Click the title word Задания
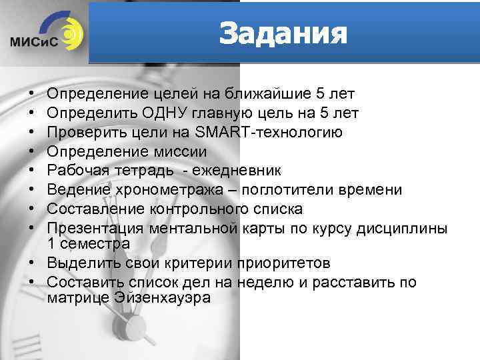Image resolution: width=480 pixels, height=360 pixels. pyautogui.click(x=283, y=33)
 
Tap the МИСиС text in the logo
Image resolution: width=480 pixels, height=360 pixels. pyautogui.click(x=34, y=41)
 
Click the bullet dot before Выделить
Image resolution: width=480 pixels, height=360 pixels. pyautogui.click(x=32, y=263)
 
